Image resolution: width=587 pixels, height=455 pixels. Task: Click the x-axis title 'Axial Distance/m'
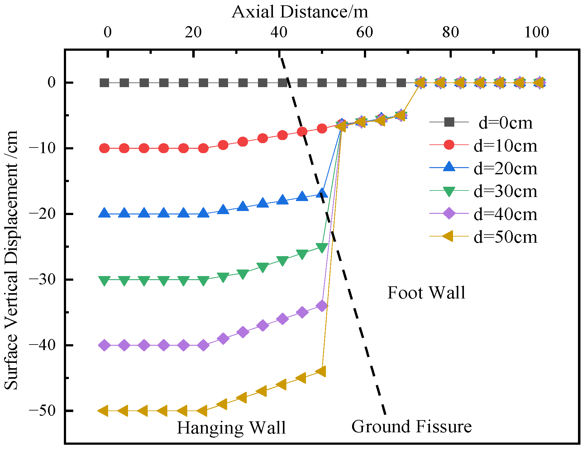pos(300,12)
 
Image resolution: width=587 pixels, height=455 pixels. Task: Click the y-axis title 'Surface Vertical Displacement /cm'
pos(11,260)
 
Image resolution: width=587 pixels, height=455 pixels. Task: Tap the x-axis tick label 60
pos(365,32)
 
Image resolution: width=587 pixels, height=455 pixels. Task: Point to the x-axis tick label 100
pos(536,32)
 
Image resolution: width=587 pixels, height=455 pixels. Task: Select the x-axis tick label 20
pos(193,32)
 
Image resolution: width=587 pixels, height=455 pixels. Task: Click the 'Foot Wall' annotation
pos(426,293)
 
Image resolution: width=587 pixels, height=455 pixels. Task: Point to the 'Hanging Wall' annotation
pos(231,427)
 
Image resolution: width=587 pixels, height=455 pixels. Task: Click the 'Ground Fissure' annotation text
pos(411,426)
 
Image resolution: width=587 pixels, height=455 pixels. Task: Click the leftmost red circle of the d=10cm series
pos(104,148)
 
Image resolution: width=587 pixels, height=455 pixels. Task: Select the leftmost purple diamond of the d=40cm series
pos(104,345)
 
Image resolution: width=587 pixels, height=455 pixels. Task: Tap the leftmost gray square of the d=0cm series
pos(104,83)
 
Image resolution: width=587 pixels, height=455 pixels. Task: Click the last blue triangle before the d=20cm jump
pos(322,193)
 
